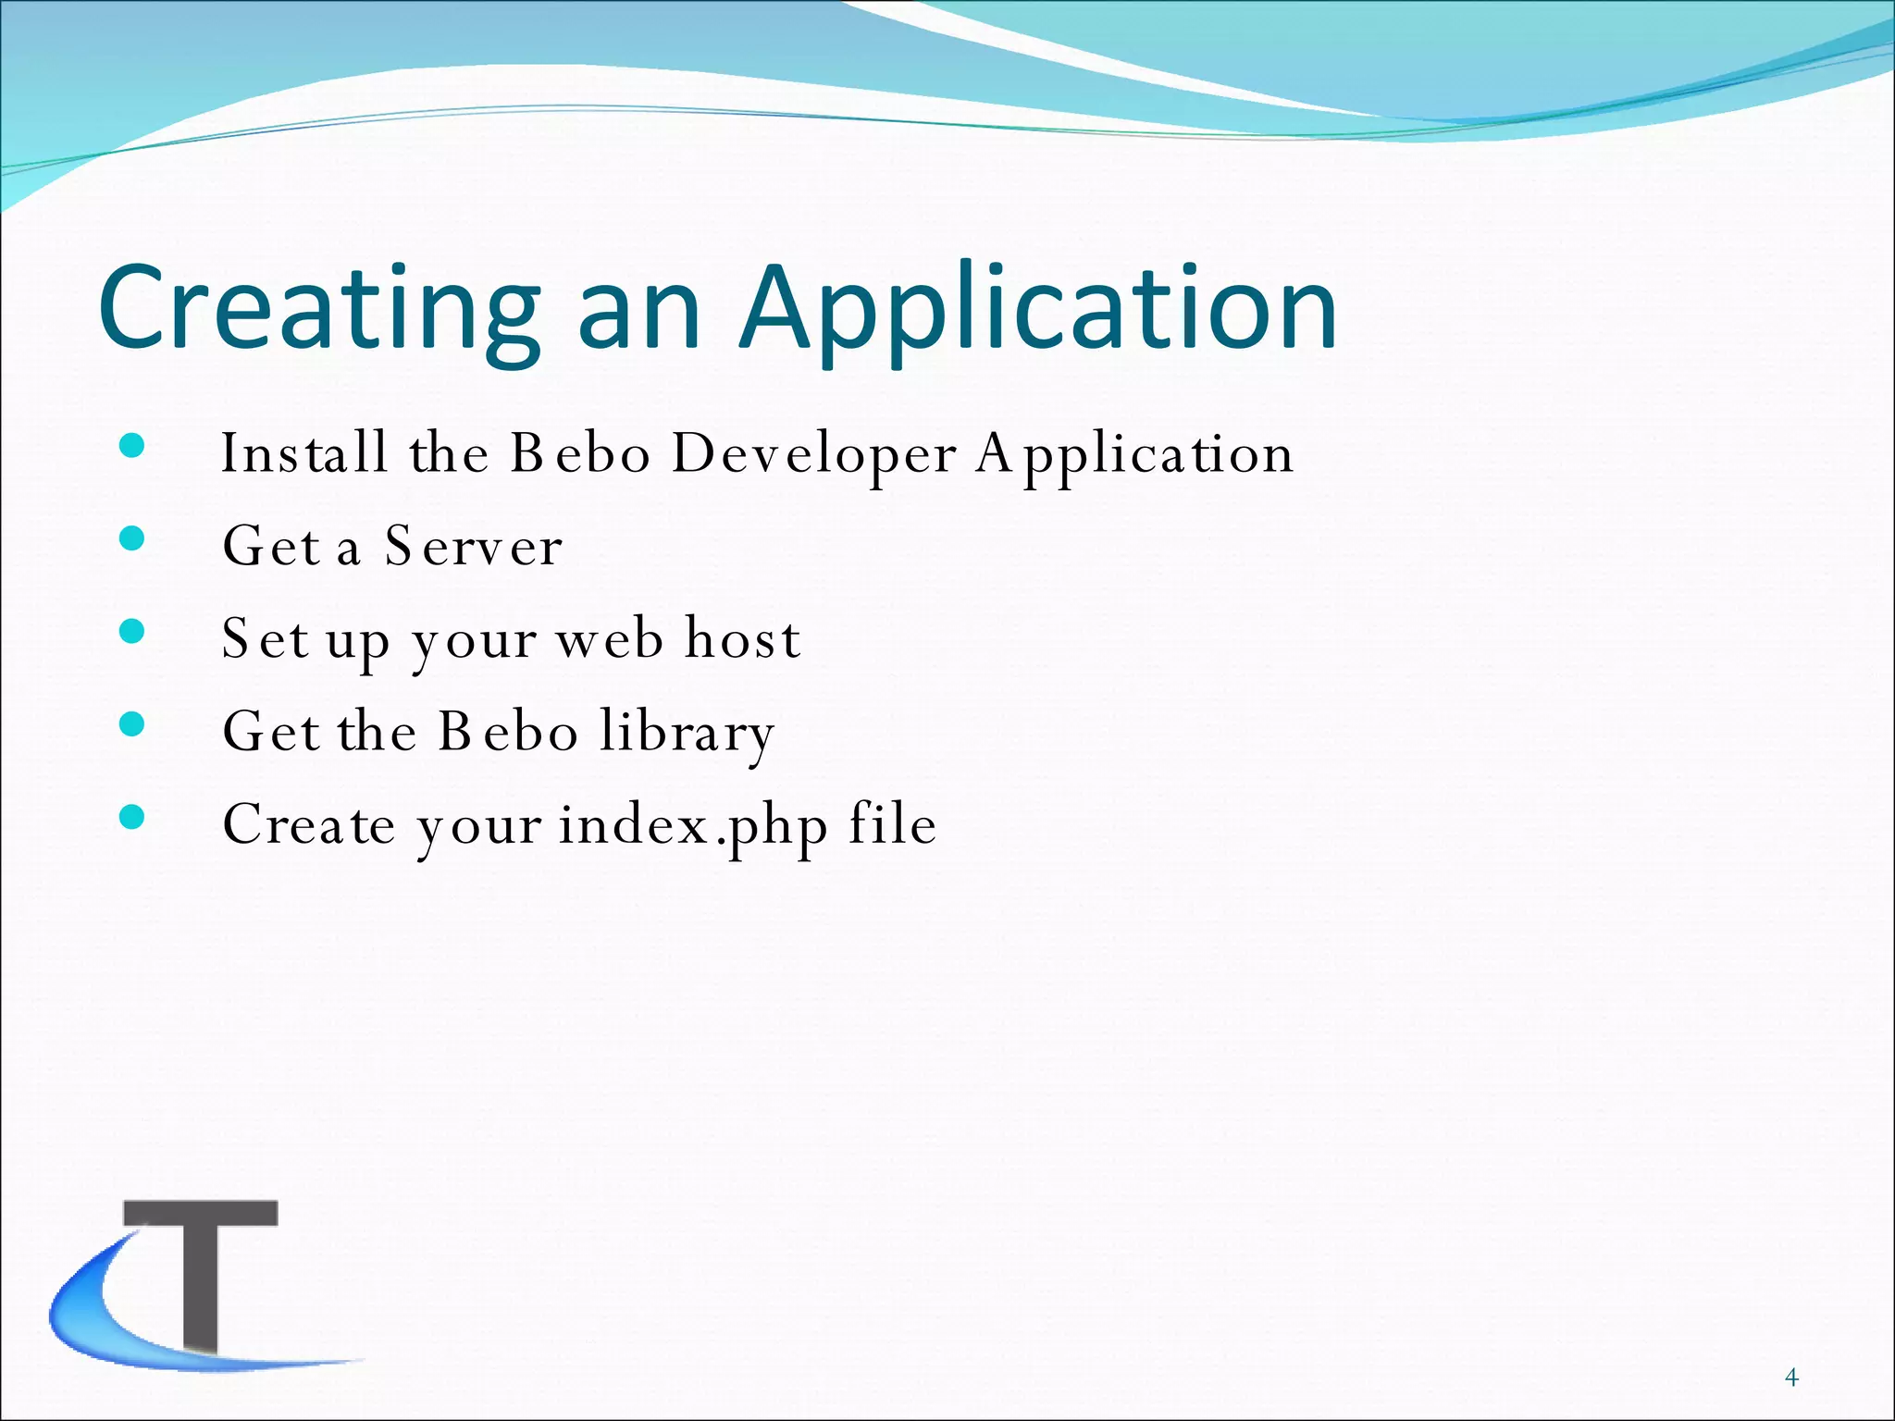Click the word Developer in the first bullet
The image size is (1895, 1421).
[814, 454]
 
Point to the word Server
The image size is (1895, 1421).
[473, 547]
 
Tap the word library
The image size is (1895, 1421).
[687, 732]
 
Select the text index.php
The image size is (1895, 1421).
[693, 825]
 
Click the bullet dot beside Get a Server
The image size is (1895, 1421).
[132, 538]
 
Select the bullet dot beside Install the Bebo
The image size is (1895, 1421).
[132, 446]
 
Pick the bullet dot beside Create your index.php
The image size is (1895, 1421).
[132, 817]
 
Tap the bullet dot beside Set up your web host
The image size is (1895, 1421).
[132, 631]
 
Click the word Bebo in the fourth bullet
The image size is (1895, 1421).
[508, 732]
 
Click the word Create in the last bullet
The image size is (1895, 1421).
[309, 825]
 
